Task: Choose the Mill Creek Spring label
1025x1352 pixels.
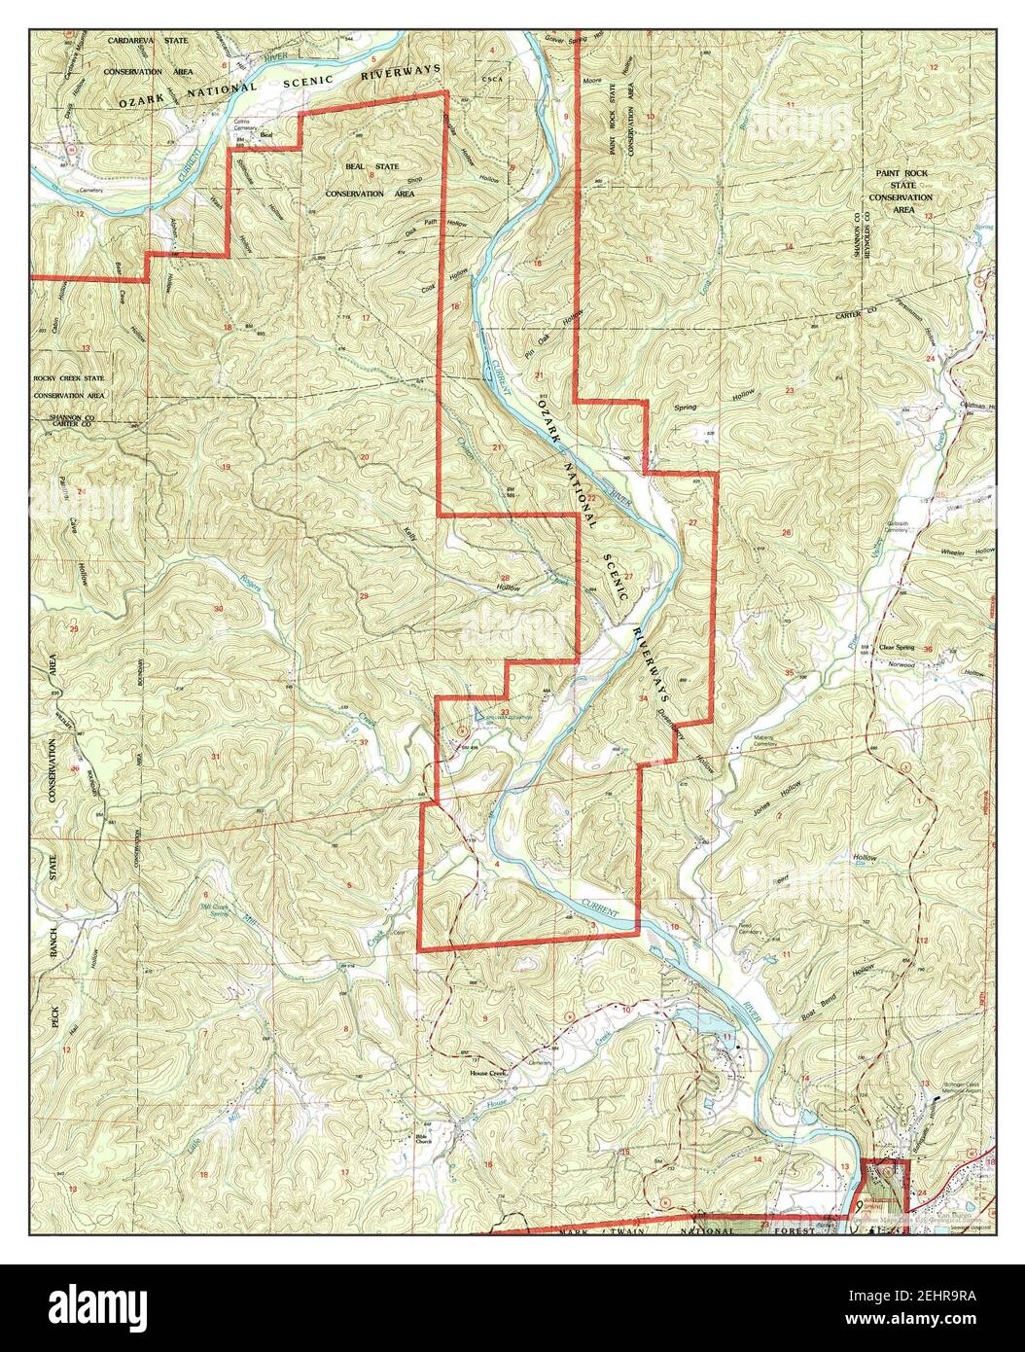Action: tap(213, 908)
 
